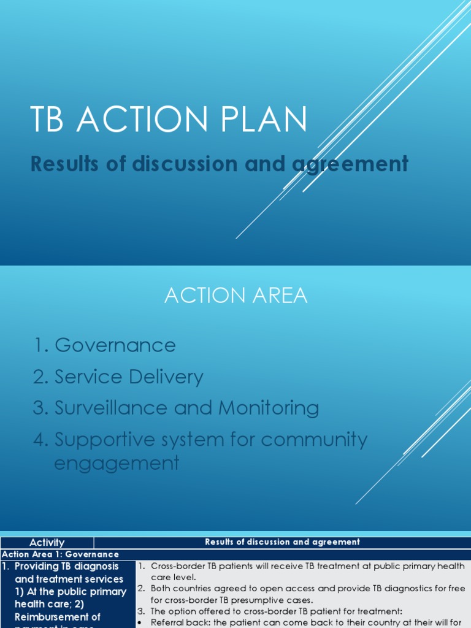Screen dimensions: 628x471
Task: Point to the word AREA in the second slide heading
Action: coord(275,296)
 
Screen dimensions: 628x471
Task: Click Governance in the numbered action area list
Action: coord(115,345)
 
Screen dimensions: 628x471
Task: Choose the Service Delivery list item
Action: coord(129,377)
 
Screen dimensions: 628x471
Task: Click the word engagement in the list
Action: coord(117,463)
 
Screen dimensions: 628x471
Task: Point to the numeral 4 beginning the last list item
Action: coord(40,439)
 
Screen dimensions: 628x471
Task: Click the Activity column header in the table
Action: coord(47,542)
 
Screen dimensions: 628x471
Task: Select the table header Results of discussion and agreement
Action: coord(282,542)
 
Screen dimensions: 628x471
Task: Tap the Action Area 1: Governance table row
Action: coord(60,554)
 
